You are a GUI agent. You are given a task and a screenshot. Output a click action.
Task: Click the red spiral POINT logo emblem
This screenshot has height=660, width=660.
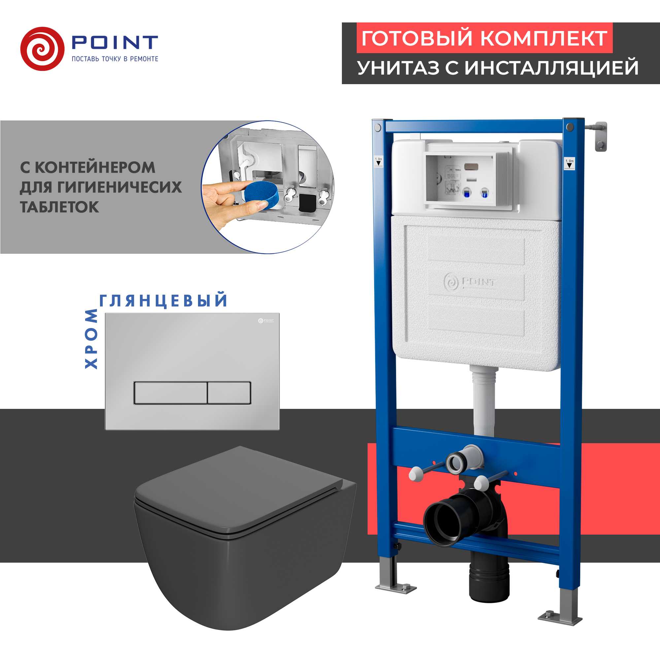42,49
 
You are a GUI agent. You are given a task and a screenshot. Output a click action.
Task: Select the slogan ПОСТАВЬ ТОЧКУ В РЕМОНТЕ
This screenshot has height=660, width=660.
115,59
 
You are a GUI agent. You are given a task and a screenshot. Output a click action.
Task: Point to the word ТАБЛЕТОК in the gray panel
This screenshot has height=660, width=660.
59,207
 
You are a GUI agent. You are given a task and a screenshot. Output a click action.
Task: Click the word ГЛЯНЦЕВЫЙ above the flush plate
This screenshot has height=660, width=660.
163,301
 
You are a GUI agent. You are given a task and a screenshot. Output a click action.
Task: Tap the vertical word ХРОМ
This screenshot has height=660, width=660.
91,338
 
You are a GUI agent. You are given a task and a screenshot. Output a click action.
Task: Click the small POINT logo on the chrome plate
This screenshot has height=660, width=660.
266,320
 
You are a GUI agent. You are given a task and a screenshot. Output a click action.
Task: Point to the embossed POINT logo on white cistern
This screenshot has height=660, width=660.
469,282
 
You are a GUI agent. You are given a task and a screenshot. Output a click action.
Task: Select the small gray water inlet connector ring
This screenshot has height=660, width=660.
456,463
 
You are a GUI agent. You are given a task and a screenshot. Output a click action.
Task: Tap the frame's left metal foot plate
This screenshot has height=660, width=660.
396,588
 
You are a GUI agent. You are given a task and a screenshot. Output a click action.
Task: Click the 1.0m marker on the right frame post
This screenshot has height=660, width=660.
569,164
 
